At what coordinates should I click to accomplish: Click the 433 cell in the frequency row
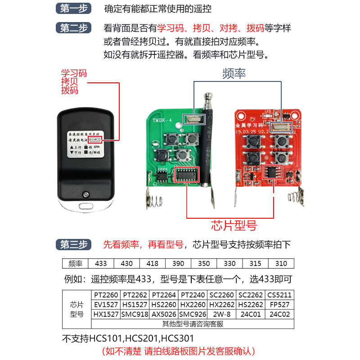point(101,264)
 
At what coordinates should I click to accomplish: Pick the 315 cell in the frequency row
point(256,264)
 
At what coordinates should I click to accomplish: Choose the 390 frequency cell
point(178,264)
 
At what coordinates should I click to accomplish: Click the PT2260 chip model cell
point(106,295)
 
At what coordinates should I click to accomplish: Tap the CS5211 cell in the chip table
point(279,295)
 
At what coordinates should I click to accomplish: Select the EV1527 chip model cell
point(106,305)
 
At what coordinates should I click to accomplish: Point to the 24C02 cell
point(279,314)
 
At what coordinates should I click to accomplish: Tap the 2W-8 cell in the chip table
point(221,314)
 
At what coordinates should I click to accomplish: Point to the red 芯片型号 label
point(234,225)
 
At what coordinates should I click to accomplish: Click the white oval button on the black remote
point(85,208)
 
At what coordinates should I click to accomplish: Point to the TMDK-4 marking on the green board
point(162,121)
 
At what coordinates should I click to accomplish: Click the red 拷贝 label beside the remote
point(70,82)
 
